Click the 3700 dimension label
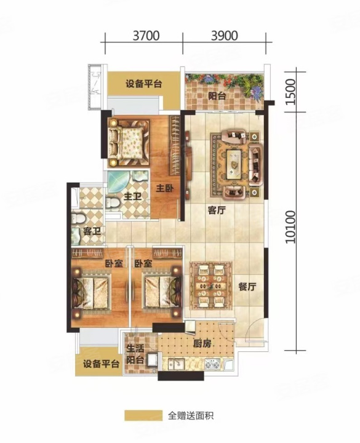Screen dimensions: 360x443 (146, 36)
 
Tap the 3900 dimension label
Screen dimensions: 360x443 (225, 36)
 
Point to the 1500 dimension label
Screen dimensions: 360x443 (290, 92)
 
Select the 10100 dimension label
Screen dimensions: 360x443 (290, 227)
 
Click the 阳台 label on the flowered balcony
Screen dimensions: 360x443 (217, 97)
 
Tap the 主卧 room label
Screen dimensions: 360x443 (165, 188)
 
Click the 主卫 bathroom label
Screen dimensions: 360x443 (132, 196)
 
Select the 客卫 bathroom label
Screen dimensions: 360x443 (92, 232)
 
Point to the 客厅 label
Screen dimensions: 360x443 (217, 210)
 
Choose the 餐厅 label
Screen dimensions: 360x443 (247, 287)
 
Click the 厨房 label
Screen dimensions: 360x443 (202, 343)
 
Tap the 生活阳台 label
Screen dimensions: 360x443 (135, 354)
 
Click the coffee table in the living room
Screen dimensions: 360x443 (234, 164)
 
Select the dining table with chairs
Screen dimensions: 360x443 (211, 285)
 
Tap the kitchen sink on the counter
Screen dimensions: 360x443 (176, 364)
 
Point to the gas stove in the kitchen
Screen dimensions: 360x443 (212, 364)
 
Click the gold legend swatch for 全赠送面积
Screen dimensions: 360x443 (143, 415)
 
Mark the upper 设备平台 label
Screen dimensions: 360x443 (144, 84)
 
